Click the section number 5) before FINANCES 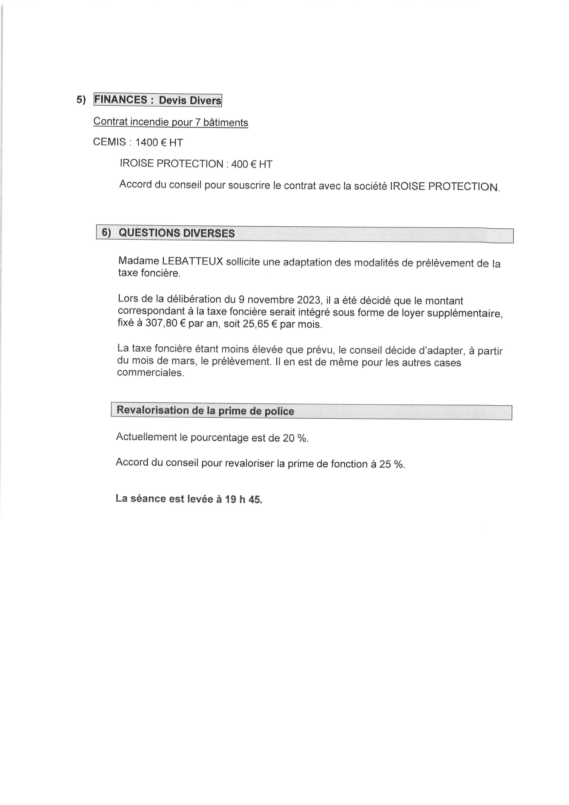(81, 100)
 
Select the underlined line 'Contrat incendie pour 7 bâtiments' (170, 122)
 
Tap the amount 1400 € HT (159, 143)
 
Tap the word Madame (138, 261)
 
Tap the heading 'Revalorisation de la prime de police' (205, 411)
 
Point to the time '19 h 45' (243, 499)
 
